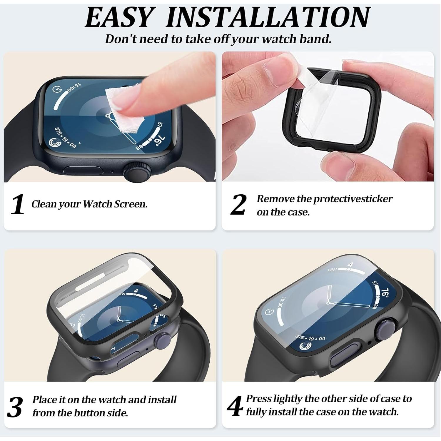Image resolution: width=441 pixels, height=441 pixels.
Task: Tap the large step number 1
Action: tap(17, 204)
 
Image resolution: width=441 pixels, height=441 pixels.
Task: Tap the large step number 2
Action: tap(238, 205)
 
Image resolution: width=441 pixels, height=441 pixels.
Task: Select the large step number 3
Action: tap(15, 407)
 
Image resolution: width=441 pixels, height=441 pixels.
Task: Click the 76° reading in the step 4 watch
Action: tap(385, 293)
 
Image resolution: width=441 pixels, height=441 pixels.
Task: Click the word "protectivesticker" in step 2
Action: tap(353, 199)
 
